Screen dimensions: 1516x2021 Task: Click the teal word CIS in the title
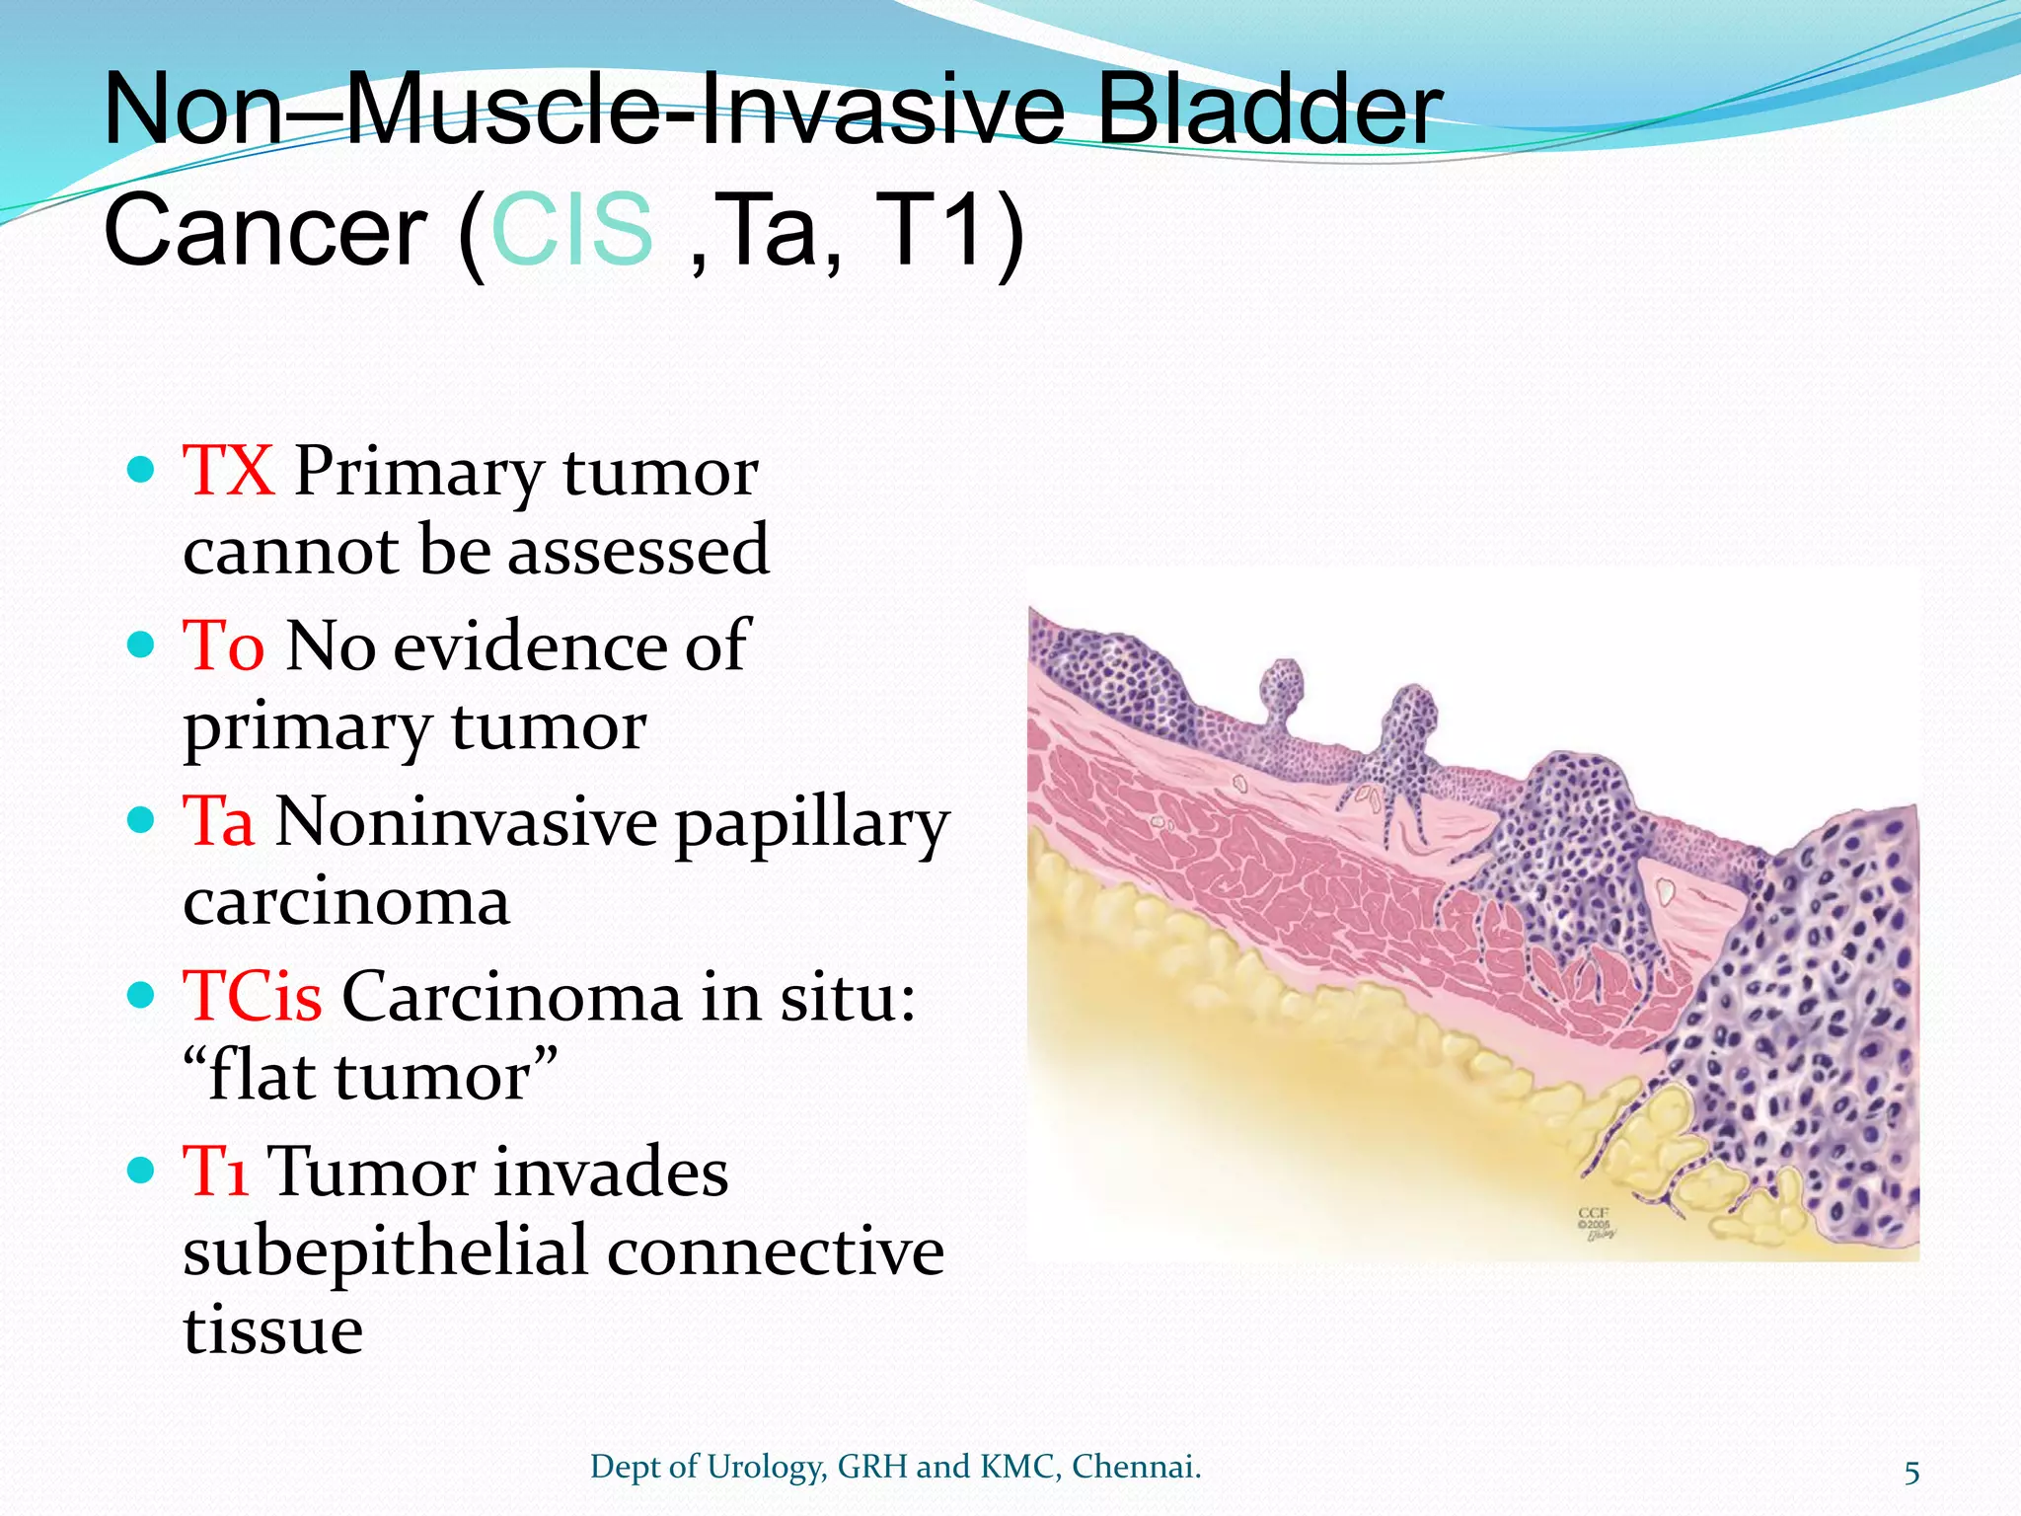(x=570, y=229)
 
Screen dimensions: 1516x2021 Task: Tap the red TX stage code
(x=228, y=471)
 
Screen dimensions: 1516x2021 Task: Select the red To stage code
(x=223, y=646)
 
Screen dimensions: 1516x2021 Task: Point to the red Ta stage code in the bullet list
(x=218, y=821)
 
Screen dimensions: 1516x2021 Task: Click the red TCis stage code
(x=253, y=997)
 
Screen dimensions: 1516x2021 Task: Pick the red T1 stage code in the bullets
(x=215, y=1172)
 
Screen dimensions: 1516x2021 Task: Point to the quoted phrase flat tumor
(x=370, y=1076)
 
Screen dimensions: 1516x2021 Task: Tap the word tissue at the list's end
(x=273, y=1329)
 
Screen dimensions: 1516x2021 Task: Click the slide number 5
(x=1911, y=1473)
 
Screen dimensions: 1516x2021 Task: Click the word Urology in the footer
(x=765, y=1468)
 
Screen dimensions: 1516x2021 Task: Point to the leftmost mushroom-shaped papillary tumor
(x=1283, y=691)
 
